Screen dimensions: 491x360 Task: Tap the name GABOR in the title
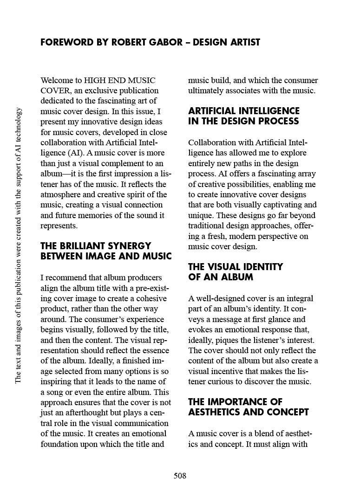click(168, 42)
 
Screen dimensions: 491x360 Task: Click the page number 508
click(180, 476)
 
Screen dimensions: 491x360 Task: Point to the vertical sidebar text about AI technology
click(18, 245)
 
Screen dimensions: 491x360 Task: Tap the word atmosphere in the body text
click(62, 194)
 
